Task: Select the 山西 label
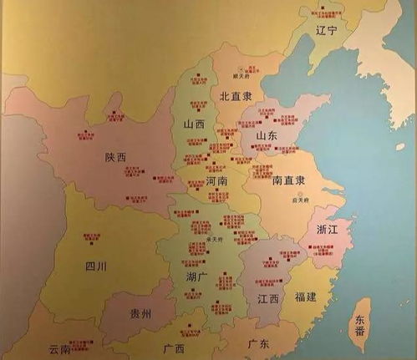pos(193,124)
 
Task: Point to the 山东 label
pos(267,135)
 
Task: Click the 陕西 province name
pos(116,156)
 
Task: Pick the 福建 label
pos(308,297)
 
